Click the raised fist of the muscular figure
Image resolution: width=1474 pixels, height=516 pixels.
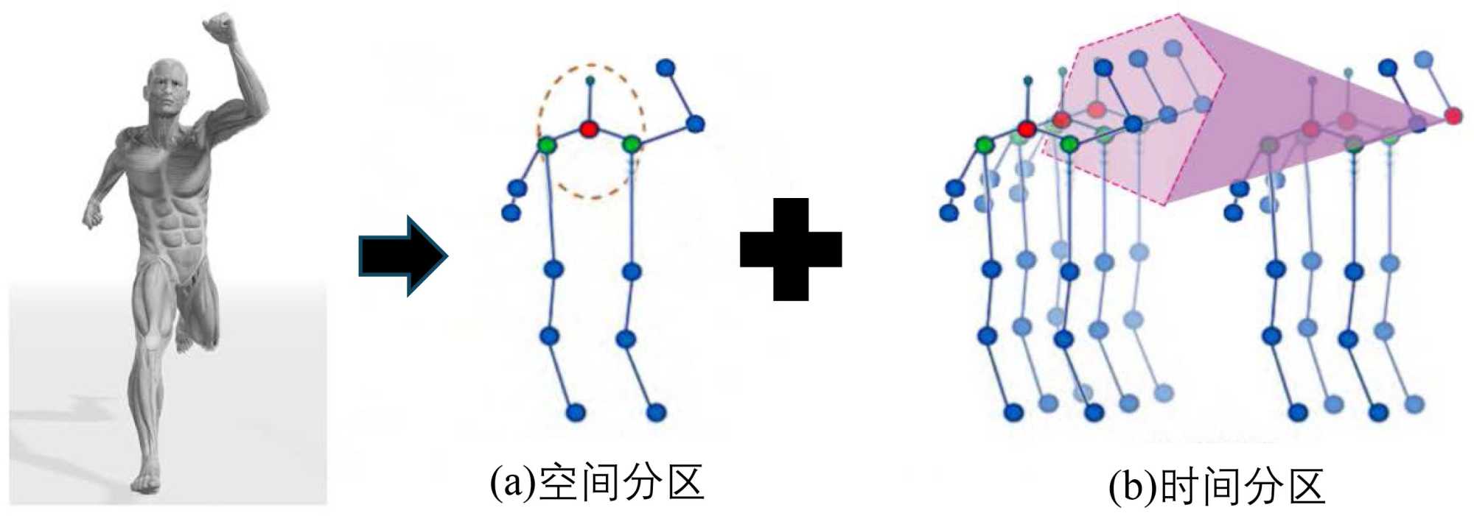click(x=219, y=29)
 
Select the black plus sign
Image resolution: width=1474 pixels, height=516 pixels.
click(x=791, y=249)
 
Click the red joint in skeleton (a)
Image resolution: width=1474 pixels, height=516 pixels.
click(x=588, y=130)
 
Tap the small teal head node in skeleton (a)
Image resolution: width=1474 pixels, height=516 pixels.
click(x=590, y=79)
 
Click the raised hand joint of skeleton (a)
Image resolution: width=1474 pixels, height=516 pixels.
click(x=666, y=68)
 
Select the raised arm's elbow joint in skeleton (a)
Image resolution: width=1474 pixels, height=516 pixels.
click(x=695, y=124)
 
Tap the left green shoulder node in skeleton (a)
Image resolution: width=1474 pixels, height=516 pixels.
click(x=546, y=144)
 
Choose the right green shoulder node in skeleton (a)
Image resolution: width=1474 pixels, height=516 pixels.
click(x=631, y=144)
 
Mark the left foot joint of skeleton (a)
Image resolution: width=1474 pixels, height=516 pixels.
click(x=576, y=412)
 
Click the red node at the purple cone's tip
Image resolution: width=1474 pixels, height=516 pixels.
click(x=1453, y=116)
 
